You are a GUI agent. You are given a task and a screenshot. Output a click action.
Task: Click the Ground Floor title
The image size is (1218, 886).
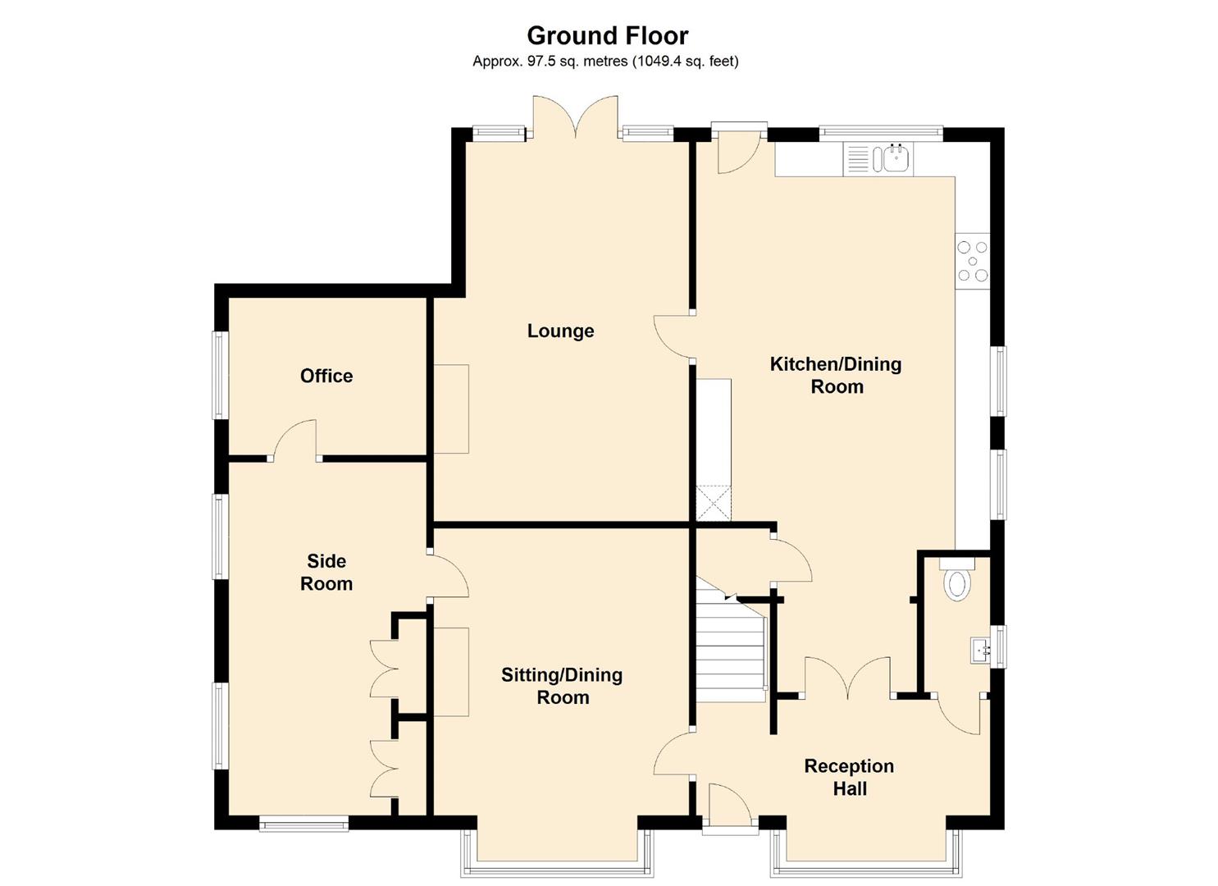(x=607, y=35)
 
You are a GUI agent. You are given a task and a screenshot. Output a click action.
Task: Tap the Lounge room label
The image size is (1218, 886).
(x=560, y=331)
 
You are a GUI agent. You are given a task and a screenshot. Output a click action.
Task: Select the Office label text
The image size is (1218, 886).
(x=326, y=376)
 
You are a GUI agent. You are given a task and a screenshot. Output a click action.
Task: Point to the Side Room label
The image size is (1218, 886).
(x=326, y=573)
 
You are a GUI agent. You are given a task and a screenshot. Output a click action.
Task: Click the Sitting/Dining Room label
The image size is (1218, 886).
(x=562, y=686)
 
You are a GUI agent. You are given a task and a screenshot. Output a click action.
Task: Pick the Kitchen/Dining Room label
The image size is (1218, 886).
(x=836, y=375)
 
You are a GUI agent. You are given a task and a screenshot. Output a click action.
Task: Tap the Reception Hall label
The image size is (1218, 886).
(x=849, y=777)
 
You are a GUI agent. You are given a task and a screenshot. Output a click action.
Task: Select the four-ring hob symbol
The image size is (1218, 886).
(x=973, y=261)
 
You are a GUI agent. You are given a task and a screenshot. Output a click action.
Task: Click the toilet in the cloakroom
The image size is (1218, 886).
(x=956, y=582)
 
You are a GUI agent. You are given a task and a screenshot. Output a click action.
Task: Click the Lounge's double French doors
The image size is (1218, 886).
(x=575, y=116)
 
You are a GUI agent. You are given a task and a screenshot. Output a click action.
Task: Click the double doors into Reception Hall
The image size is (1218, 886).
(x=847, y=678)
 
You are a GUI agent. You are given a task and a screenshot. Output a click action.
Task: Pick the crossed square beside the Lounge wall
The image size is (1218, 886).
(x=713, y=503)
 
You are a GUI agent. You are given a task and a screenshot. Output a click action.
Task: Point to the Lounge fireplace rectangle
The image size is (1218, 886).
(x=451, y=409)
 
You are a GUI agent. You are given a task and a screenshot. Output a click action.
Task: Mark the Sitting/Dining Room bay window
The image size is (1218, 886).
(x=558, y=861)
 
